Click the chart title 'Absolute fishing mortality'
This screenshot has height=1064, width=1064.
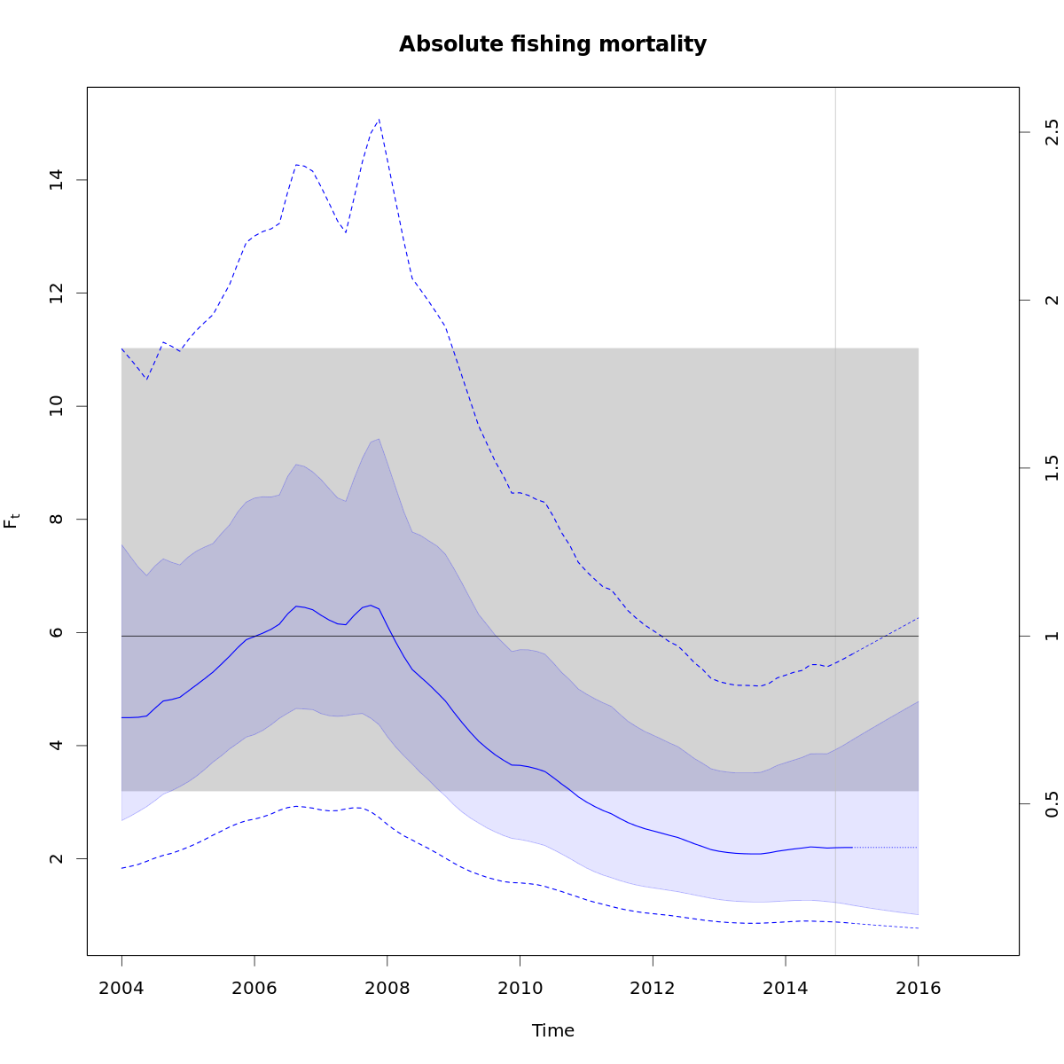tap(552, 44)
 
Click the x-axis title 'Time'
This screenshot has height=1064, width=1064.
tap(552, 1030)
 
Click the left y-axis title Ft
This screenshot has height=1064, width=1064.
tap(12, 520)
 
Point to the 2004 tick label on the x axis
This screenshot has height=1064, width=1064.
tap(121, 989)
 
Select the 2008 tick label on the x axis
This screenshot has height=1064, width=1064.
tap(387, 989)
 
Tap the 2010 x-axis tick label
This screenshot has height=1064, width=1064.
tap(520, 989)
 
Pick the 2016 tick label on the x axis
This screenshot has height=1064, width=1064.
tap(918, 989)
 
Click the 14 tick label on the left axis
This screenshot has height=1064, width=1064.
tap(56, 180)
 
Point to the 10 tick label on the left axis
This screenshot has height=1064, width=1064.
tap(56, 406)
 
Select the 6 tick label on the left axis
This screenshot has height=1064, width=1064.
tap(56, 632)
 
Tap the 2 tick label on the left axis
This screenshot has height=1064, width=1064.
tap(56, 858)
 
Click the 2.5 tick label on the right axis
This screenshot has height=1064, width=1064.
tap(1052, 132)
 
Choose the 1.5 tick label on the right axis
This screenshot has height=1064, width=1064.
tap(1052, 468)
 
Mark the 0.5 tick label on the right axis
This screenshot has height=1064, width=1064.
tap(1052, 804)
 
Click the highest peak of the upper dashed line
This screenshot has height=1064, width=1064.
tap(379, 119)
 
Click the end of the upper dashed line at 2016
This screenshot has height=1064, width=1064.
tap(918, 617)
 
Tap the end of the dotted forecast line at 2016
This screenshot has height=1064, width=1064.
tap(918, 848)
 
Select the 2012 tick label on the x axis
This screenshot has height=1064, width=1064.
tap(653, 989)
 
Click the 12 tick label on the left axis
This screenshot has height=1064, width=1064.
tap(56, 293)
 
